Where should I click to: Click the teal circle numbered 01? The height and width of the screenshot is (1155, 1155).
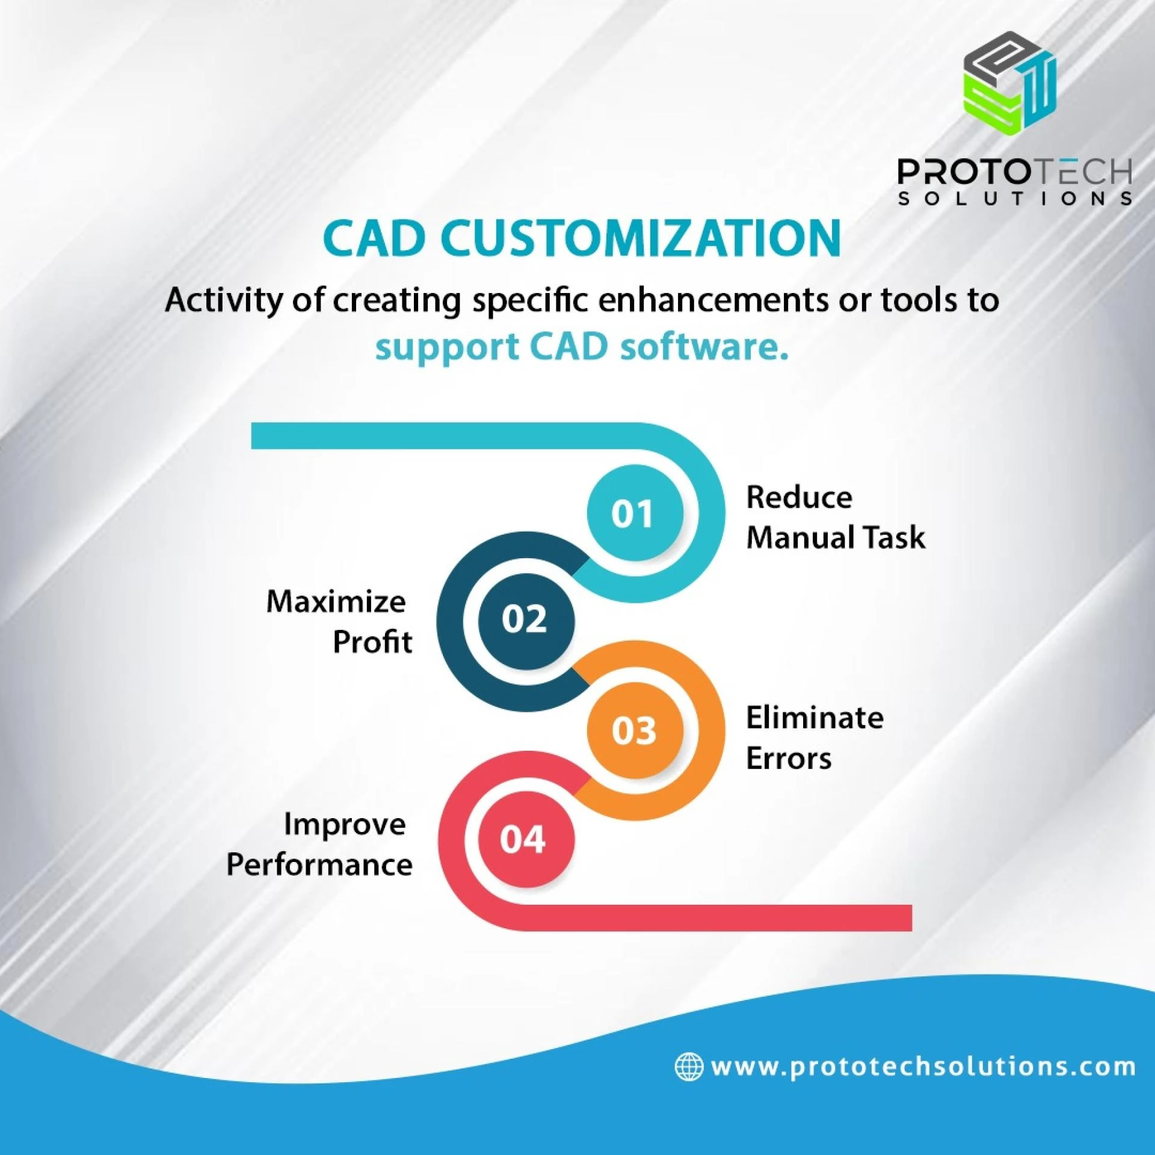click(x=635, y=513)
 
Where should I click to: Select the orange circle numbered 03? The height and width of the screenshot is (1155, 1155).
click(x=635, y=730)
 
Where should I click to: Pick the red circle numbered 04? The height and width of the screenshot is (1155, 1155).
click(x=525, y=839)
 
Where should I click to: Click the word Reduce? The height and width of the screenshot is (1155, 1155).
click(x=799, y=497)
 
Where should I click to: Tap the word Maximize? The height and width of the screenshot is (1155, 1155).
click(x=336, y=602)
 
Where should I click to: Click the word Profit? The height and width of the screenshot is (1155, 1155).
click(x=372, y=642)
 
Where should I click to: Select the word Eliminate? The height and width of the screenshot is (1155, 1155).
click(x=815, y=718)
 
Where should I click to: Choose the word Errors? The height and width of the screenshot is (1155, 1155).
click(x=789, y=758)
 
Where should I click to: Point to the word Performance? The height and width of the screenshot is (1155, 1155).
click(x=319, y=865)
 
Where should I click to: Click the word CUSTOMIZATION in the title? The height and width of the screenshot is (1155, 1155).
click(x=640, y=238)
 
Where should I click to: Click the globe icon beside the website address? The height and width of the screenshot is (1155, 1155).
click(x=689, y=1067)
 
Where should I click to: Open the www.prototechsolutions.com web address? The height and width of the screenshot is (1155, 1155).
click(x=923, y=1067)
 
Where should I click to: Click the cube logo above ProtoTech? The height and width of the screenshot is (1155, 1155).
click(x=1011, y=83)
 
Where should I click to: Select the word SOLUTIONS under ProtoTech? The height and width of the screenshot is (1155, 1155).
click(x=1015, y=199)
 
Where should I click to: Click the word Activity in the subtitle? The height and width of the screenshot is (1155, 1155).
click(x=223, y=300)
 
